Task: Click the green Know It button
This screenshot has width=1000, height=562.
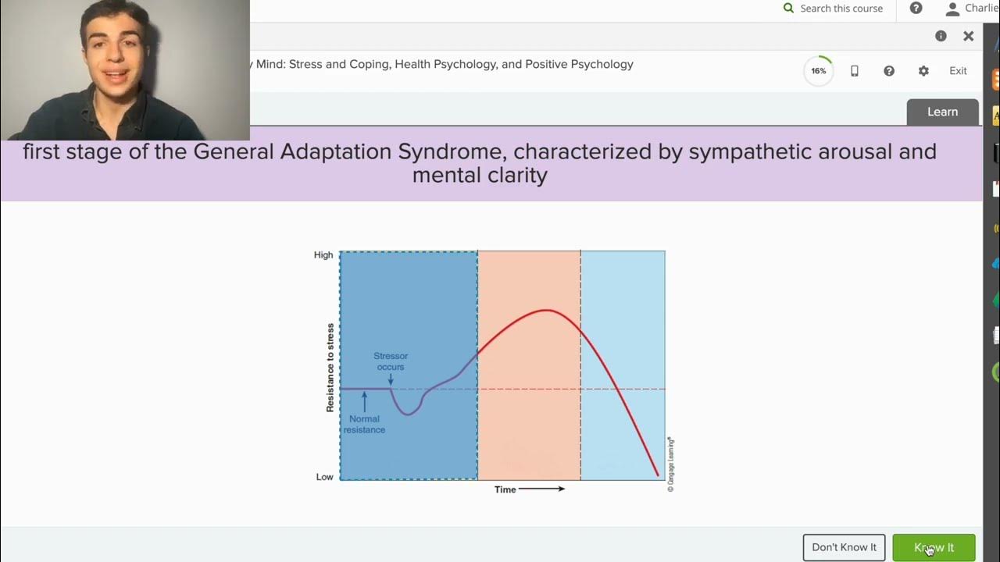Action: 934,547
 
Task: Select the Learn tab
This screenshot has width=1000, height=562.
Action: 942,112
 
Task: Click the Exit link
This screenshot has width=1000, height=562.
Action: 958,71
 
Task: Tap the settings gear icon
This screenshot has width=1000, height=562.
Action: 923,71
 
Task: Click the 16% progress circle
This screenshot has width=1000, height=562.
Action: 818,71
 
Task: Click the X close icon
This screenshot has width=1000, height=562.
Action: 968,36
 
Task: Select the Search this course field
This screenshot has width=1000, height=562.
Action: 841,9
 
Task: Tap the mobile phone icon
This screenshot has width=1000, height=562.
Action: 854,71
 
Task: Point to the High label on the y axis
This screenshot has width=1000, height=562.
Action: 323,255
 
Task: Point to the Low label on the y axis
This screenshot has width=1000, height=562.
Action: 324,477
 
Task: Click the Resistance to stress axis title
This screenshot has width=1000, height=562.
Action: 330,368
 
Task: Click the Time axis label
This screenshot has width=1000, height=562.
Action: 505,489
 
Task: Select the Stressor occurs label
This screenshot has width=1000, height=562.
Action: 391,361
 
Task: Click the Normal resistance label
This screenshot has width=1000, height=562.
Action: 364,425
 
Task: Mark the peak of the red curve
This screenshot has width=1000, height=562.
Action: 547,310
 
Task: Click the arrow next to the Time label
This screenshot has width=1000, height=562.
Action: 541,489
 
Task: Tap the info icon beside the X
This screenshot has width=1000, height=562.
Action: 941,36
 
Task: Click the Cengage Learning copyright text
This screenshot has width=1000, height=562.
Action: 670,464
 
